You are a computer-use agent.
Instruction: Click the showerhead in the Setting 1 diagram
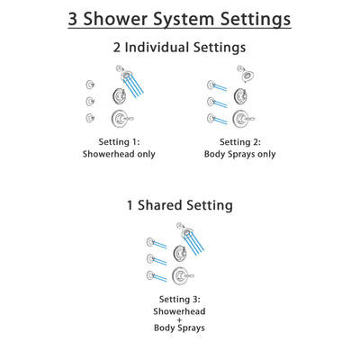[x=119, y=71]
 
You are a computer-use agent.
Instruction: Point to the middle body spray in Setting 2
[x=211, y=102]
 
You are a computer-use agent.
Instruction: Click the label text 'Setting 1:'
[x=120, y=141]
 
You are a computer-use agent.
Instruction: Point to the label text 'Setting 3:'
[x=179, y=298]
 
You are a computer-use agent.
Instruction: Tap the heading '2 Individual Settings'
[x=179, y=48]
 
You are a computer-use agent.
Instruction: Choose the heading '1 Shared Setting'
[x=179, y=205]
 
